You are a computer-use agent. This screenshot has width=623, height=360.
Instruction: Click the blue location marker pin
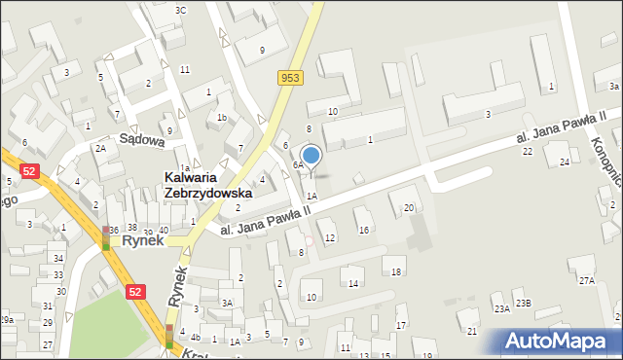pos(311,155)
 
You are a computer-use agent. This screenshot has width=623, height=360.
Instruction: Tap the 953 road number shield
pos(289,78)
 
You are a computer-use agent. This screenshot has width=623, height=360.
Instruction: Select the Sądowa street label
pos(141,139)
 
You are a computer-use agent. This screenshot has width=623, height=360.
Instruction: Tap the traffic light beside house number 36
pos(106,237)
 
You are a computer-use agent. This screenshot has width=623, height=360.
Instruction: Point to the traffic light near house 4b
pos(169,337)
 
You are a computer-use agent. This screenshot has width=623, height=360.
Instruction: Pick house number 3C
pos(180,10)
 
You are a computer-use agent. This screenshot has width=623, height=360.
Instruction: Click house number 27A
pos(586,280)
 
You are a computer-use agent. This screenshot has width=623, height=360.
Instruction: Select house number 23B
pos(524,303)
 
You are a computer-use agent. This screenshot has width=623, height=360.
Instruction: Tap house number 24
pos(565,162)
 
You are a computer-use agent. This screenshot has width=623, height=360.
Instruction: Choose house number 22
pos(527,151)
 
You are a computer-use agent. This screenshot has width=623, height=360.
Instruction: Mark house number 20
pos(409,207)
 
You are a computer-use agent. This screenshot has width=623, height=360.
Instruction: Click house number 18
pos(396,271)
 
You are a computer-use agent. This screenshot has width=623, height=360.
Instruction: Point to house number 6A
pos(298,165)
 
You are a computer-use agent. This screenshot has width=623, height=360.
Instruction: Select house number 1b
pos(222,118)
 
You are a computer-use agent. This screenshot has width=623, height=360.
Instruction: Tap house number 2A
pos(100,148)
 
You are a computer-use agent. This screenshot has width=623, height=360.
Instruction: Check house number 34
pos(58,258)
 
